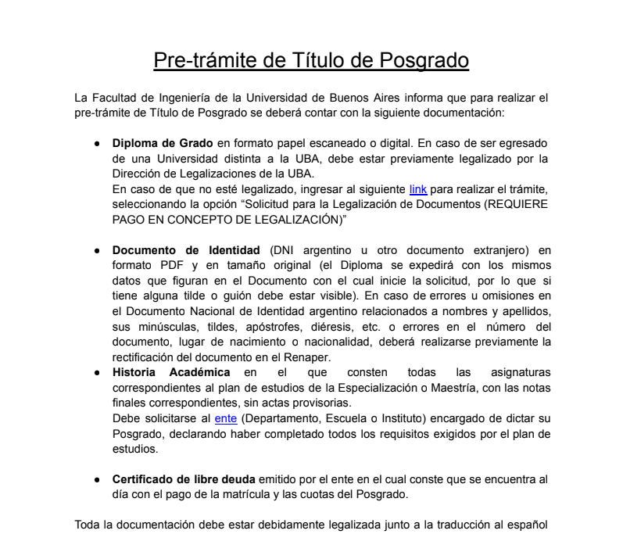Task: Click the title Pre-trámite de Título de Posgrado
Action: (311, 60)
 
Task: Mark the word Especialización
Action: (366, 383)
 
